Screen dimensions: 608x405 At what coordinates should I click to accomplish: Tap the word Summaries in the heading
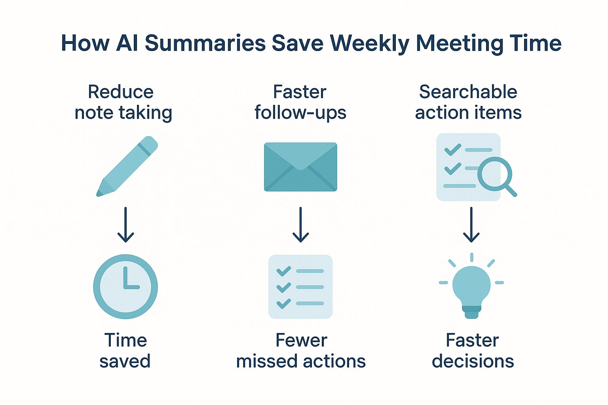coord(205,44)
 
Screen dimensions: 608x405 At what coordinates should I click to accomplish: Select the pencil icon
coord(127,166)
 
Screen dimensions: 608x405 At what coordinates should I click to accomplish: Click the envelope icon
coord(300,167)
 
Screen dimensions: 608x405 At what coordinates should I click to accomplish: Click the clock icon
coord(125,286)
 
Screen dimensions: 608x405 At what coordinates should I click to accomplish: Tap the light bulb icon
coord(471,286)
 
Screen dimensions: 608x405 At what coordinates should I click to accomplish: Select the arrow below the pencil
coord(125,225)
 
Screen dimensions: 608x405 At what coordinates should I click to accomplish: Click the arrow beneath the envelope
coord(300,225)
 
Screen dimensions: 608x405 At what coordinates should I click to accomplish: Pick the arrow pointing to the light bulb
coord(471,225)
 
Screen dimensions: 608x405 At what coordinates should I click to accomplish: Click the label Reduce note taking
coord(123,102)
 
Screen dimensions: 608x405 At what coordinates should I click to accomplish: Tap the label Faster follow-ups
coord(300,102)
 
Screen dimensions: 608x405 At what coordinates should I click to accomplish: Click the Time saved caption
coord(125,350)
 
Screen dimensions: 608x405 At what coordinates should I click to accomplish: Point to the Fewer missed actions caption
coord(301,350)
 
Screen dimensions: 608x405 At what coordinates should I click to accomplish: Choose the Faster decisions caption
coord(473,350)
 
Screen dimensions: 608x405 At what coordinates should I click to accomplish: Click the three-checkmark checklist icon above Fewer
coord(300,287)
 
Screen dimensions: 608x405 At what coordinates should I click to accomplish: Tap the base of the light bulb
coord(471,312)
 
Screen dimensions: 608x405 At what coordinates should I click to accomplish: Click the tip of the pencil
coord(98,195)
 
